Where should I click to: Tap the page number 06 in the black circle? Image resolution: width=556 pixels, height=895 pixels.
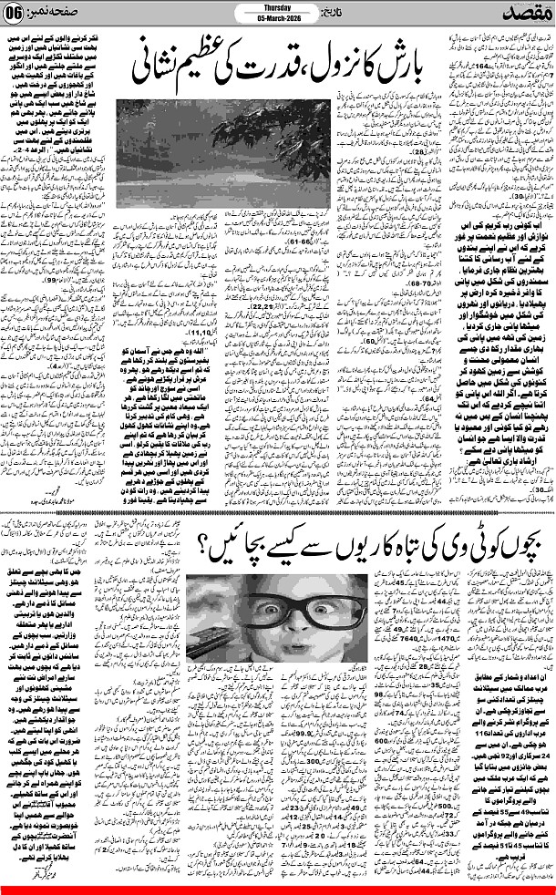[x=20, y=15]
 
